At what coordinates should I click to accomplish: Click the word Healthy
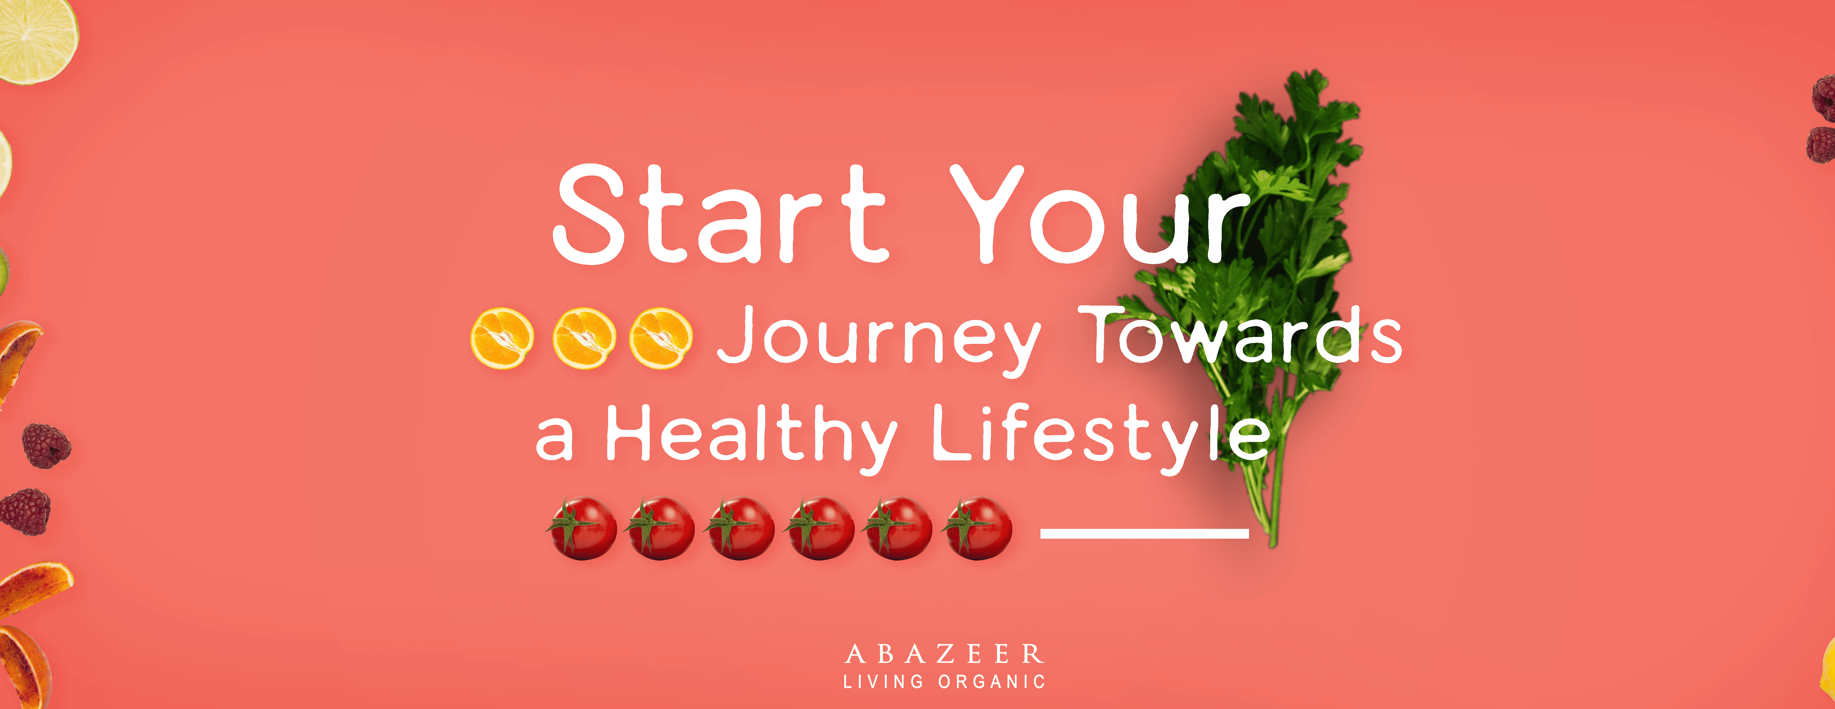point(752,436)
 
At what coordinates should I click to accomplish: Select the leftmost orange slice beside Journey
point(502,338)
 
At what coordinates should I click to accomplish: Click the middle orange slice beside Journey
point(584,338)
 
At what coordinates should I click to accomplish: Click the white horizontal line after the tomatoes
point(1145,533)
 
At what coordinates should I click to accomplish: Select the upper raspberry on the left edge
point(46,446)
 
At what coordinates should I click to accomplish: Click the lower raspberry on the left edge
point(26,511)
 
